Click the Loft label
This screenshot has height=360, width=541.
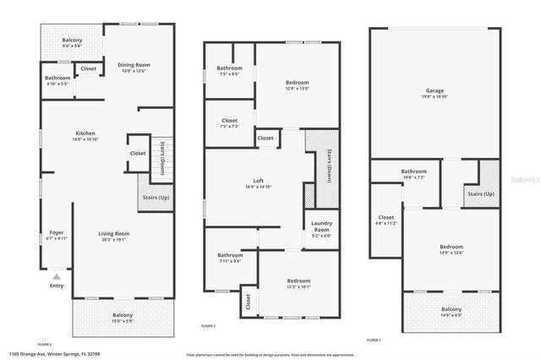(259, 181)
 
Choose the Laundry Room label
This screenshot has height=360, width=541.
(321, 226)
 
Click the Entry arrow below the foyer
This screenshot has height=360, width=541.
(56, 275)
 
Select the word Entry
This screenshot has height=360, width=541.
(56, 286)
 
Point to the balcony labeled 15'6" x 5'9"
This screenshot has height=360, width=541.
(123, 318)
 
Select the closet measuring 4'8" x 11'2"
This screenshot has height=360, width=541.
(386, 221)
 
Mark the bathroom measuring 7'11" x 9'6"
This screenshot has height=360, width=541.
(230, 258)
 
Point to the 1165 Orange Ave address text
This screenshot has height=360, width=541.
(48, 354)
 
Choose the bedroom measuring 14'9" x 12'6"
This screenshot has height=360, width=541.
(451, 248)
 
